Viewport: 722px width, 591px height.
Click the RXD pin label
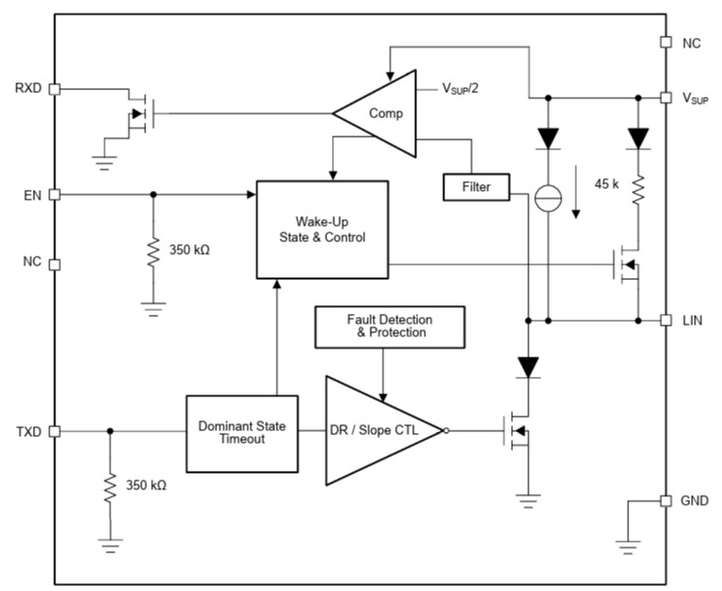pos(26,88)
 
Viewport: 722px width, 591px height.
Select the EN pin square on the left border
pos(54,194)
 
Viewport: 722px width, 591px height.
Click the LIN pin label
pos(693,320)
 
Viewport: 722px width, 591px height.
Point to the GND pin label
pos(695,501)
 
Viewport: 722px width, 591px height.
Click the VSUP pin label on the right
pos(696,99)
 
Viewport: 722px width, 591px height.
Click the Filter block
pos(476,187)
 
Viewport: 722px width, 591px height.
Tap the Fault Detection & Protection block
pos(389,327)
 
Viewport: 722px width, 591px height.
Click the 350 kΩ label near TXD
pos(145,484)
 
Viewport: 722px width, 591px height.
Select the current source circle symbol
pos(548,198)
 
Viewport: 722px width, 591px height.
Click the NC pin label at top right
pos(692,43)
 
